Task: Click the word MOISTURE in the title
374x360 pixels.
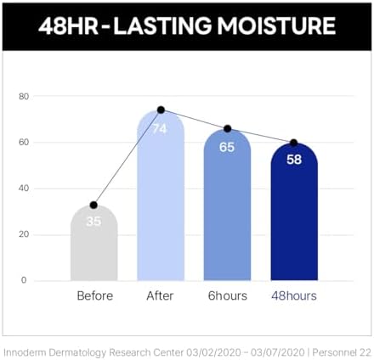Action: point(276,25)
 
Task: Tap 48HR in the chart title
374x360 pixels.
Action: point(68,25)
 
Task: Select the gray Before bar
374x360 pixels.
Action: point(94,243)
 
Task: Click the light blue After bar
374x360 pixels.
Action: point(161,195)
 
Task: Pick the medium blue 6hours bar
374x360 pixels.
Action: point(227,205)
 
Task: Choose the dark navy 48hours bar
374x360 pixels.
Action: point(294,211)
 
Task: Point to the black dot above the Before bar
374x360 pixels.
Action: point(93,205)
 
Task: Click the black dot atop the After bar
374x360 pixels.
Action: point(161,110)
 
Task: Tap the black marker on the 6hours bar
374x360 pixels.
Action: point(228,129)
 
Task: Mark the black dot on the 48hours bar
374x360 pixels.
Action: point(294,143)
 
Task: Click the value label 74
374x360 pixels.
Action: point(160,129)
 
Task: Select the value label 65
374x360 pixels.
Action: point(227,147)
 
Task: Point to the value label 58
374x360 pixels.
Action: point(294,160)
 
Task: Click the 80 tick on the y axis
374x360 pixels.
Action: point(24,97)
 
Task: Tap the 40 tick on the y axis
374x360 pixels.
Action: point(24,188)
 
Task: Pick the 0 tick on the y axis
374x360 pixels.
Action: point(24,280)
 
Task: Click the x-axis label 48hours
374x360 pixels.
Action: point(294,295)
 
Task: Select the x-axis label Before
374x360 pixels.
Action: point(95,295)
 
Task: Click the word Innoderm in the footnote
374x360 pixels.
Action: point(25,352)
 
